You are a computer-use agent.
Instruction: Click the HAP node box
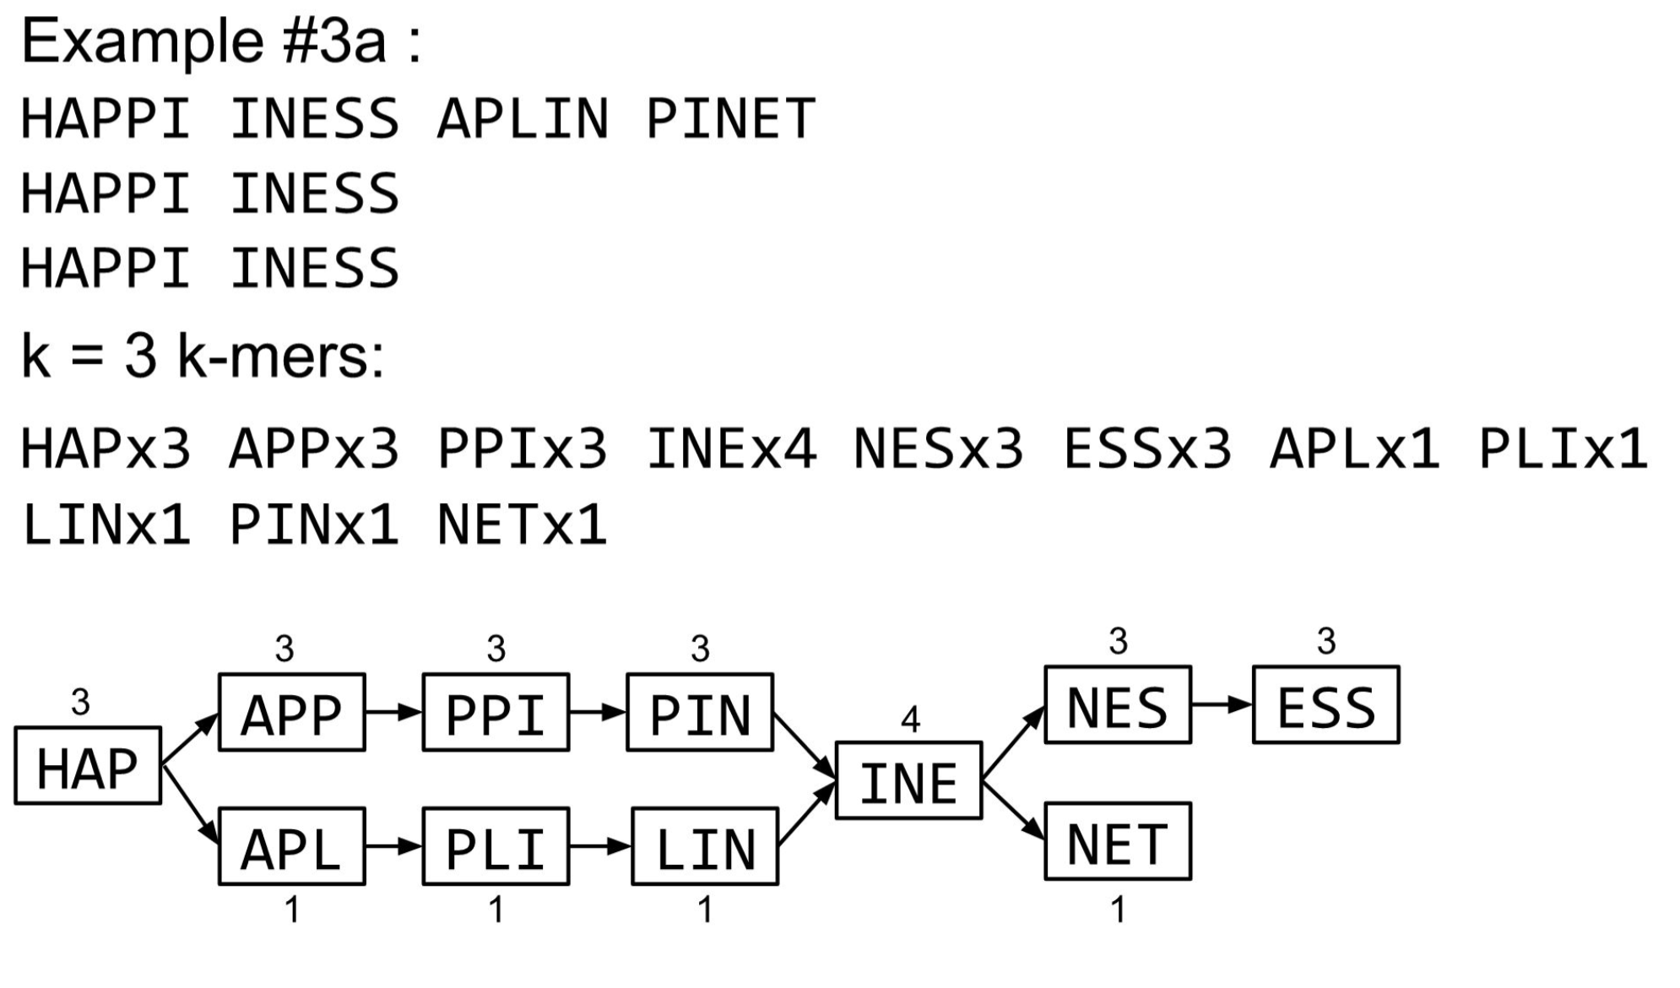tap(88, 766)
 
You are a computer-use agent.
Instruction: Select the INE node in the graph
tap(908, 781)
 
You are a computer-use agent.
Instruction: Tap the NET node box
tap(1117, 842)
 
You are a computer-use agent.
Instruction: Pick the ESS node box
tap(1325, 705)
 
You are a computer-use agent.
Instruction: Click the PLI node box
tap(496, 847)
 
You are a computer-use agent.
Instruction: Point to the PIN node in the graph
tap(699, 713)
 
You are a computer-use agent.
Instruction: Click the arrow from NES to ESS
tap(1222, 704)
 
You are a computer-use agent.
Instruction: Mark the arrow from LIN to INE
tap(806, 814)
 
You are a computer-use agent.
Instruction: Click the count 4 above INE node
tap(910, 719)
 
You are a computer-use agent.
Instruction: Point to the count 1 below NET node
tap(1118, 910)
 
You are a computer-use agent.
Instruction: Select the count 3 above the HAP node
tap(80, 702)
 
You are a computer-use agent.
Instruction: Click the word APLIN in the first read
tap(523, 119)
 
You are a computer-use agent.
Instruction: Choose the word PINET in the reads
tap(730, 119)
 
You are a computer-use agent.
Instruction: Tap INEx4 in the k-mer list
tap(731, 448)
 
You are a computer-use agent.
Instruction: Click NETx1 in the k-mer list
tap(523, 524)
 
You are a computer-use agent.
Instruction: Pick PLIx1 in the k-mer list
tap(1563, 448)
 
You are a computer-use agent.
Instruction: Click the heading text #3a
tap(334, 41)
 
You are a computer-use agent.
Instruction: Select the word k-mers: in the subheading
tap(280, 356)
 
